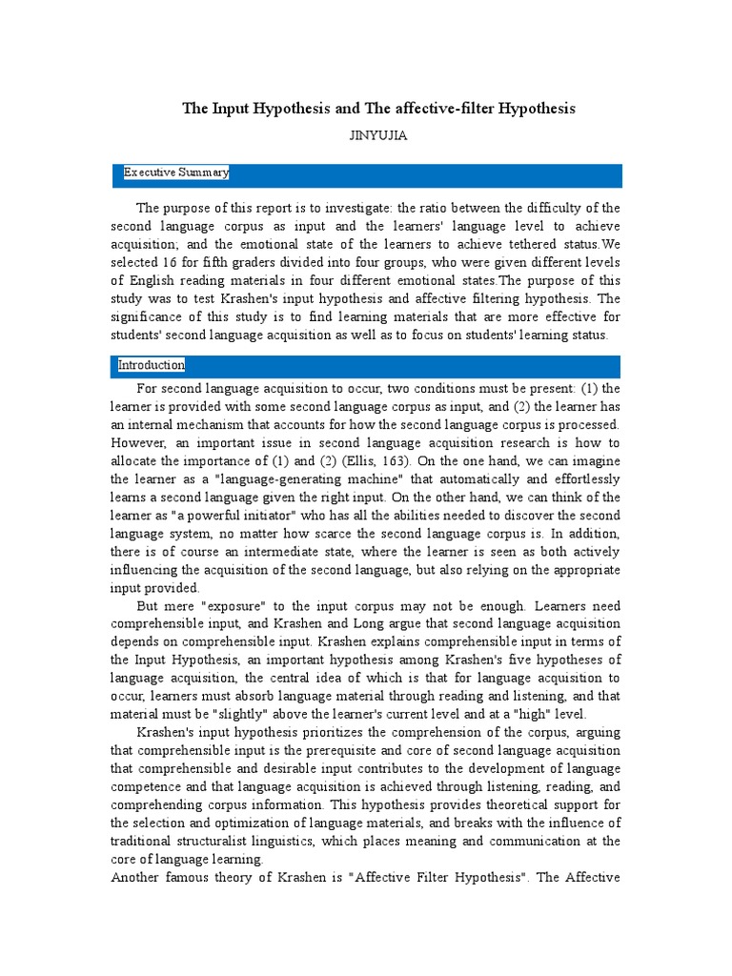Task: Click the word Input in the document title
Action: click(x=234, y=109)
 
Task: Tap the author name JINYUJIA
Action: click(x=379, y=135)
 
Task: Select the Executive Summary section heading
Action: click(x=175, y=173)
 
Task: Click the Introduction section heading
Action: click(x=152, y=365)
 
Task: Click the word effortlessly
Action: click(x=579, y=479)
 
